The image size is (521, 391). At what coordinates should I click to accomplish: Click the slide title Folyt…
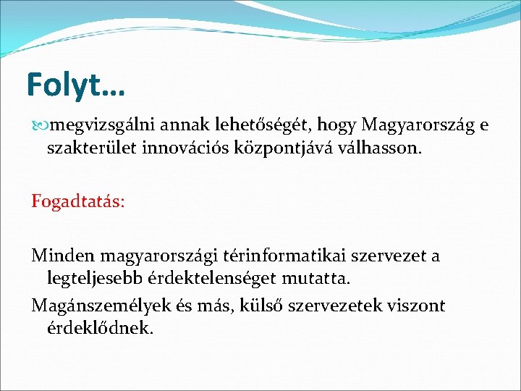[x=75, y=85]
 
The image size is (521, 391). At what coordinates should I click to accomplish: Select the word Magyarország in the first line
[x=418, y=126]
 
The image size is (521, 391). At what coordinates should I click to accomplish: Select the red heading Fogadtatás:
[x=77, y=201]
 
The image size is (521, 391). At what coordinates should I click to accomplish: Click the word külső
[x=309, y=305]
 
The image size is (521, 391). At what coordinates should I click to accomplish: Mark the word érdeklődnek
[x=101, y=327]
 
